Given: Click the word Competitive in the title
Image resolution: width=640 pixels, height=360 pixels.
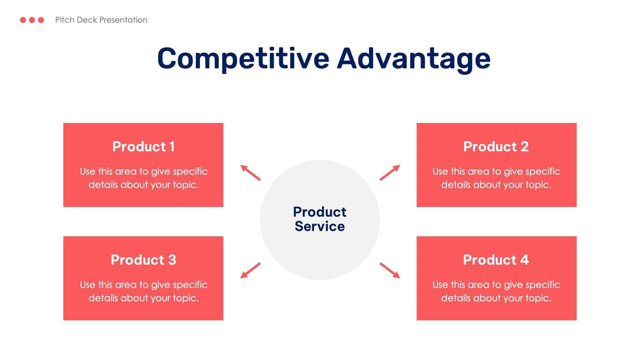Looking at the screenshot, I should click(x=243, y=59).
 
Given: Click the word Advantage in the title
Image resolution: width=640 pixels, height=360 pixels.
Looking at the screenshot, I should click(x=413, y=59).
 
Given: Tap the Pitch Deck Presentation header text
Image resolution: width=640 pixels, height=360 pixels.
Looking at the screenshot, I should click(x=101, y=20).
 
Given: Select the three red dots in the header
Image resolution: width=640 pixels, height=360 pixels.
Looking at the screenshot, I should click(x=32, y=20).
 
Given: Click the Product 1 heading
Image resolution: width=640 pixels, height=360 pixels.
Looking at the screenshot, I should click(x=143, y=147).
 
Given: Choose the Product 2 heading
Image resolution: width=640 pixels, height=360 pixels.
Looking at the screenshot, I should click(x=496, y=147).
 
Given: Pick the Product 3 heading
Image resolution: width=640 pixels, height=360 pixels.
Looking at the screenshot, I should click(x=143, y=260).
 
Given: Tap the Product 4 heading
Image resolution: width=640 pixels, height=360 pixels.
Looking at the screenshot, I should click(x=496, y=260).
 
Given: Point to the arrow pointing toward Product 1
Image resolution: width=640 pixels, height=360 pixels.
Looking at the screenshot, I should click(x=250, y=172).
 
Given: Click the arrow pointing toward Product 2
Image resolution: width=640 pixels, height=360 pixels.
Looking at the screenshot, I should click(x=390, y=172).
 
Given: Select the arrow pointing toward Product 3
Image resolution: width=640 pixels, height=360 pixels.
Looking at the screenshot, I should click(x=250, y=270).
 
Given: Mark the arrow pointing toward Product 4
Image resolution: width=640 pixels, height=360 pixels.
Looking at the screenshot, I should click(x=390, y=270).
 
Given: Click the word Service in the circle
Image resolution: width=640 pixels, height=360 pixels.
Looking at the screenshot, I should click(x=319, y=227).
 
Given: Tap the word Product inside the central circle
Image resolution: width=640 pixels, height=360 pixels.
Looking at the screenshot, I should click(x=319, y=212).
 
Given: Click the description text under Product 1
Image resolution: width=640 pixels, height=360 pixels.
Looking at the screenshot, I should click(x=143, y=178).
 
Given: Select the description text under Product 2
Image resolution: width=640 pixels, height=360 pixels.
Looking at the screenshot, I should click(x=496, y=178).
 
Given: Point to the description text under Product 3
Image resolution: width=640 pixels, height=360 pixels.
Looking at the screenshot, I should click(x=143, y=291).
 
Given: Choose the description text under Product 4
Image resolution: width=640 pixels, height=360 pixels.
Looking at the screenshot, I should click(x=496, y=291).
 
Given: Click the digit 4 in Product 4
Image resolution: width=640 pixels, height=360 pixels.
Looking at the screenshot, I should click(x=524, y=260).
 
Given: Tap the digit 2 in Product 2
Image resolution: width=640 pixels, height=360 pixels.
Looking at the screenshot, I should click(x=524, y=147).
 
